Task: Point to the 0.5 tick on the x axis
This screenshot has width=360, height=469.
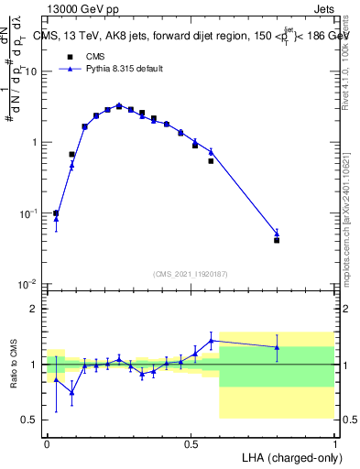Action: [191, 442]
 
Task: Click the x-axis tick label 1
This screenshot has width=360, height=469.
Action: [335, 442]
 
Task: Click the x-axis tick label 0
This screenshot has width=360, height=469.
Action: [47, 442]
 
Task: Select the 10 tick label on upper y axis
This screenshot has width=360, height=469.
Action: [30, 71]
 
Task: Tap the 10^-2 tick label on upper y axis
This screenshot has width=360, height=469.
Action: [27, 283]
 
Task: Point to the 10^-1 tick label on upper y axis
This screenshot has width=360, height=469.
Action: [27, 213]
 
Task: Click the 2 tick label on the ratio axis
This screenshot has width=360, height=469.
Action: [33, 310]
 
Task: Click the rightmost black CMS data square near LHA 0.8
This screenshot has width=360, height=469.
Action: [277, 240]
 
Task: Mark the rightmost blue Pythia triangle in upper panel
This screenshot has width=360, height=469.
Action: [277, 234]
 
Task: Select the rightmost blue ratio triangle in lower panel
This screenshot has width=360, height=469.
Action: [277, 347]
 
